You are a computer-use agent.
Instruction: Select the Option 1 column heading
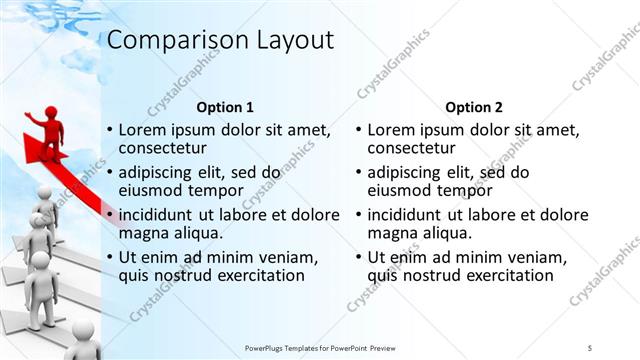[225, 107]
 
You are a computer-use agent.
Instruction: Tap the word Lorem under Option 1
[142, 130]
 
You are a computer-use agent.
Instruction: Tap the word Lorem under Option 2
[391, 130]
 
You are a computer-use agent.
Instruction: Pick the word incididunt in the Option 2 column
[410, 214]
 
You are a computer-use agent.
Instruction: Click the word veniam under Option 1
[286, 257]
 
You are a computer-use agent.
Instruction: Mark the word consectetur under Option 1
[162, 148]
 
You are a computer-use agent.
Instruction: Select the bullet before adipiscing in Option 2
[359, 173]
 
